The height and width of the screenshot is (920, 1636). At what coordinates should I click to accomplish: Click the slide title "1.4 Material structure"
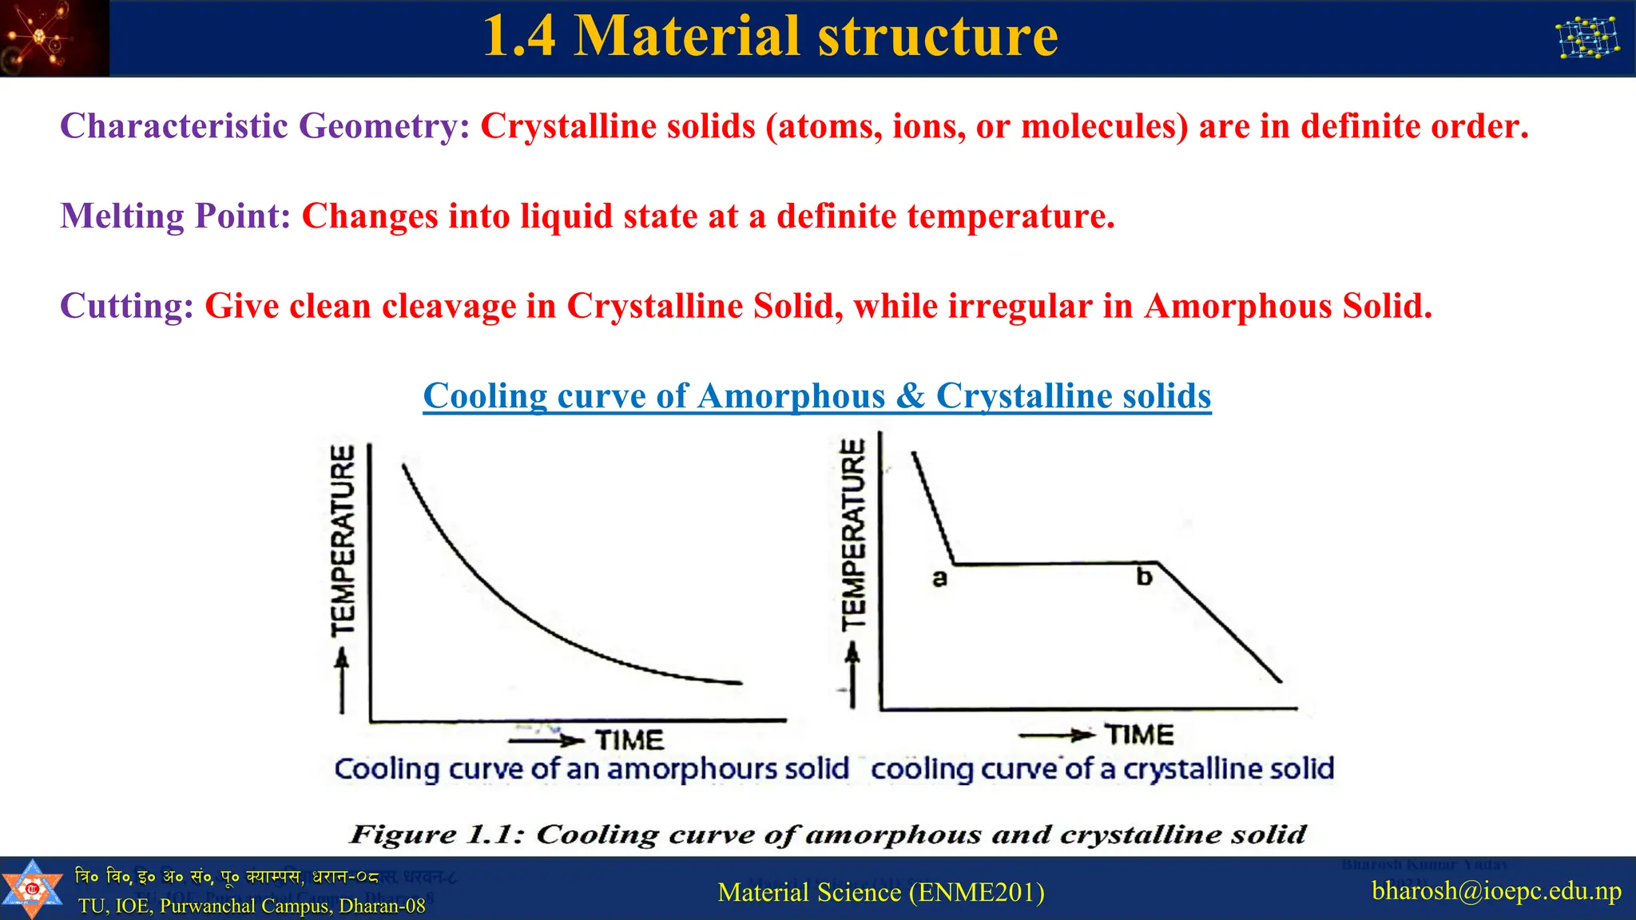tap(770, 36)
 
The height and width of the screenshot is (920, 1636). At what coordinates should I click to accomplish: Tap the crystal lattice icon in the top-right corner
tap(1587, 38)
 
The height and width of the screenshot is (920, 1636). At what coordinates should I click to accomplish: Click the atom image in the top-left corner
tap(53, 38)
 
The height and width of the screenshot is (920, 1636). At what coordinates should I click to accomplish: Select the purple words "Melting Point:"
tap(176, 216)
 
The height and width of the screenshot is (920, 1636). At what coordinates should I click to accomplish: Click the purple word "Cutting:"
tap(127, 306)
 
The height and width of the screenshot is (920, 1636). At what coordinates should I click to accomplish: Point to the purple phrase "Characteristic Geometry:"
tap(265, 126)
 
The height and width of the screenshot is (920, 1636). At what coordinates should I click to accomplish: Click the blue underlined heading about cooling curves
tap(816, 396)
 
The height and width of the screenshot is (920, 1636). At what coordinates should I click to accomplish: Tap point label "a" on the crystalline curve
tap(939, 577)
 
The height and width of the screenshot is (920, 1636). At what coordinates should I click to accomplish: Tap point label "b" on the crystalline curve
tap(1144, 577)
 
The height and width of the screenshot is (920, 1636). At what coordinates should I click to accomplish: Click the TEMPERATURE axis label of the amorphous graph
tap(343, 541)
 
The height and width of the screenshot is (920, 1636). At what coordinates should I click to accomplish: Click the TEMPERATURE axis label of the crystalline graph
tap(854, 534)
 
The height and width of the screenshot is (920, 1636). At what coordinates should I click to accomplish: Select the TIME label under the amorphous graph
tap(629, 740)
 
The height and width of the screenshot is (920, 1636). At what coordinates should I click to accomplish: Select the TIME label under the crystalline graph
tap(1139, 735)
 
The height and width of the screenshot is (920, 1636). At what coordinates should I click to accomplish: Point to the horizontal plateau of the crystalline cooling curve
tap(1054, 564)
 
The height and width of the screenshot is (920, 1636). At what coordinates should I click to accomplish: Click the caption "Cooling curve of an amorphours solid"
tap(591, 769)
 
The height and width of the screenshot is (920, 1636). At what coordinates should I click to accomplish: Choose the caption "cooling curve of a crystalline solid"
tap(1102, 769)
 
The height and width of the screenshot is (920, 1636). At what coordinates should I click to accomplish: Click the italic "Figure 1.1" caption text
tap(828, 835)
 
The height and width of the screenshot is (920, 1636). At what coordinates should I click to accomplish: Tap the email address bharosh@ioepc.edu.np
tap(1496, 890)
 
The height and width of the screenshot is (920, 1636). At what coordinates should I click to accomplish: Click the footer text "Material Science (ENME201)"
tap(881, 892)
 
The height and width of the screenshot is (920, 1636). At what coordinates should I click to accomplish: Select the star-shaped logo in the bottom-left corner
tap(32, 888)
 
